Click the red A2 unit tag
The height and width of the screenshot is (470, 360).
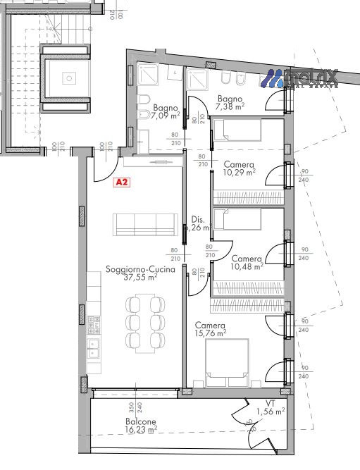pos(121,182)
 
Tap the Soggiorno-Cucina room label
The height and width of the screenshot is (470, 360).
pos(131,269)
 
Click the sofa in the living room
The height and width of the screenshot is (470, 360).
pos(145,225)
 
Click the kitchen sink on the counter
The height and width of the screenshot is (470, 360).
pos(93,346)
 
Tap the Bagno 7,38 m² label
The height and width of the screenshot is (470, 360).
pos(230,103)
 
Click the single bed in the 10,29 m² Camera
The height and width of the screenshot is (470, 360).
pos(237,130)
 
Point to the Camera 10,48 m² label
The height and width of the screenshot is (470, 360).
pos(246,262)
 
